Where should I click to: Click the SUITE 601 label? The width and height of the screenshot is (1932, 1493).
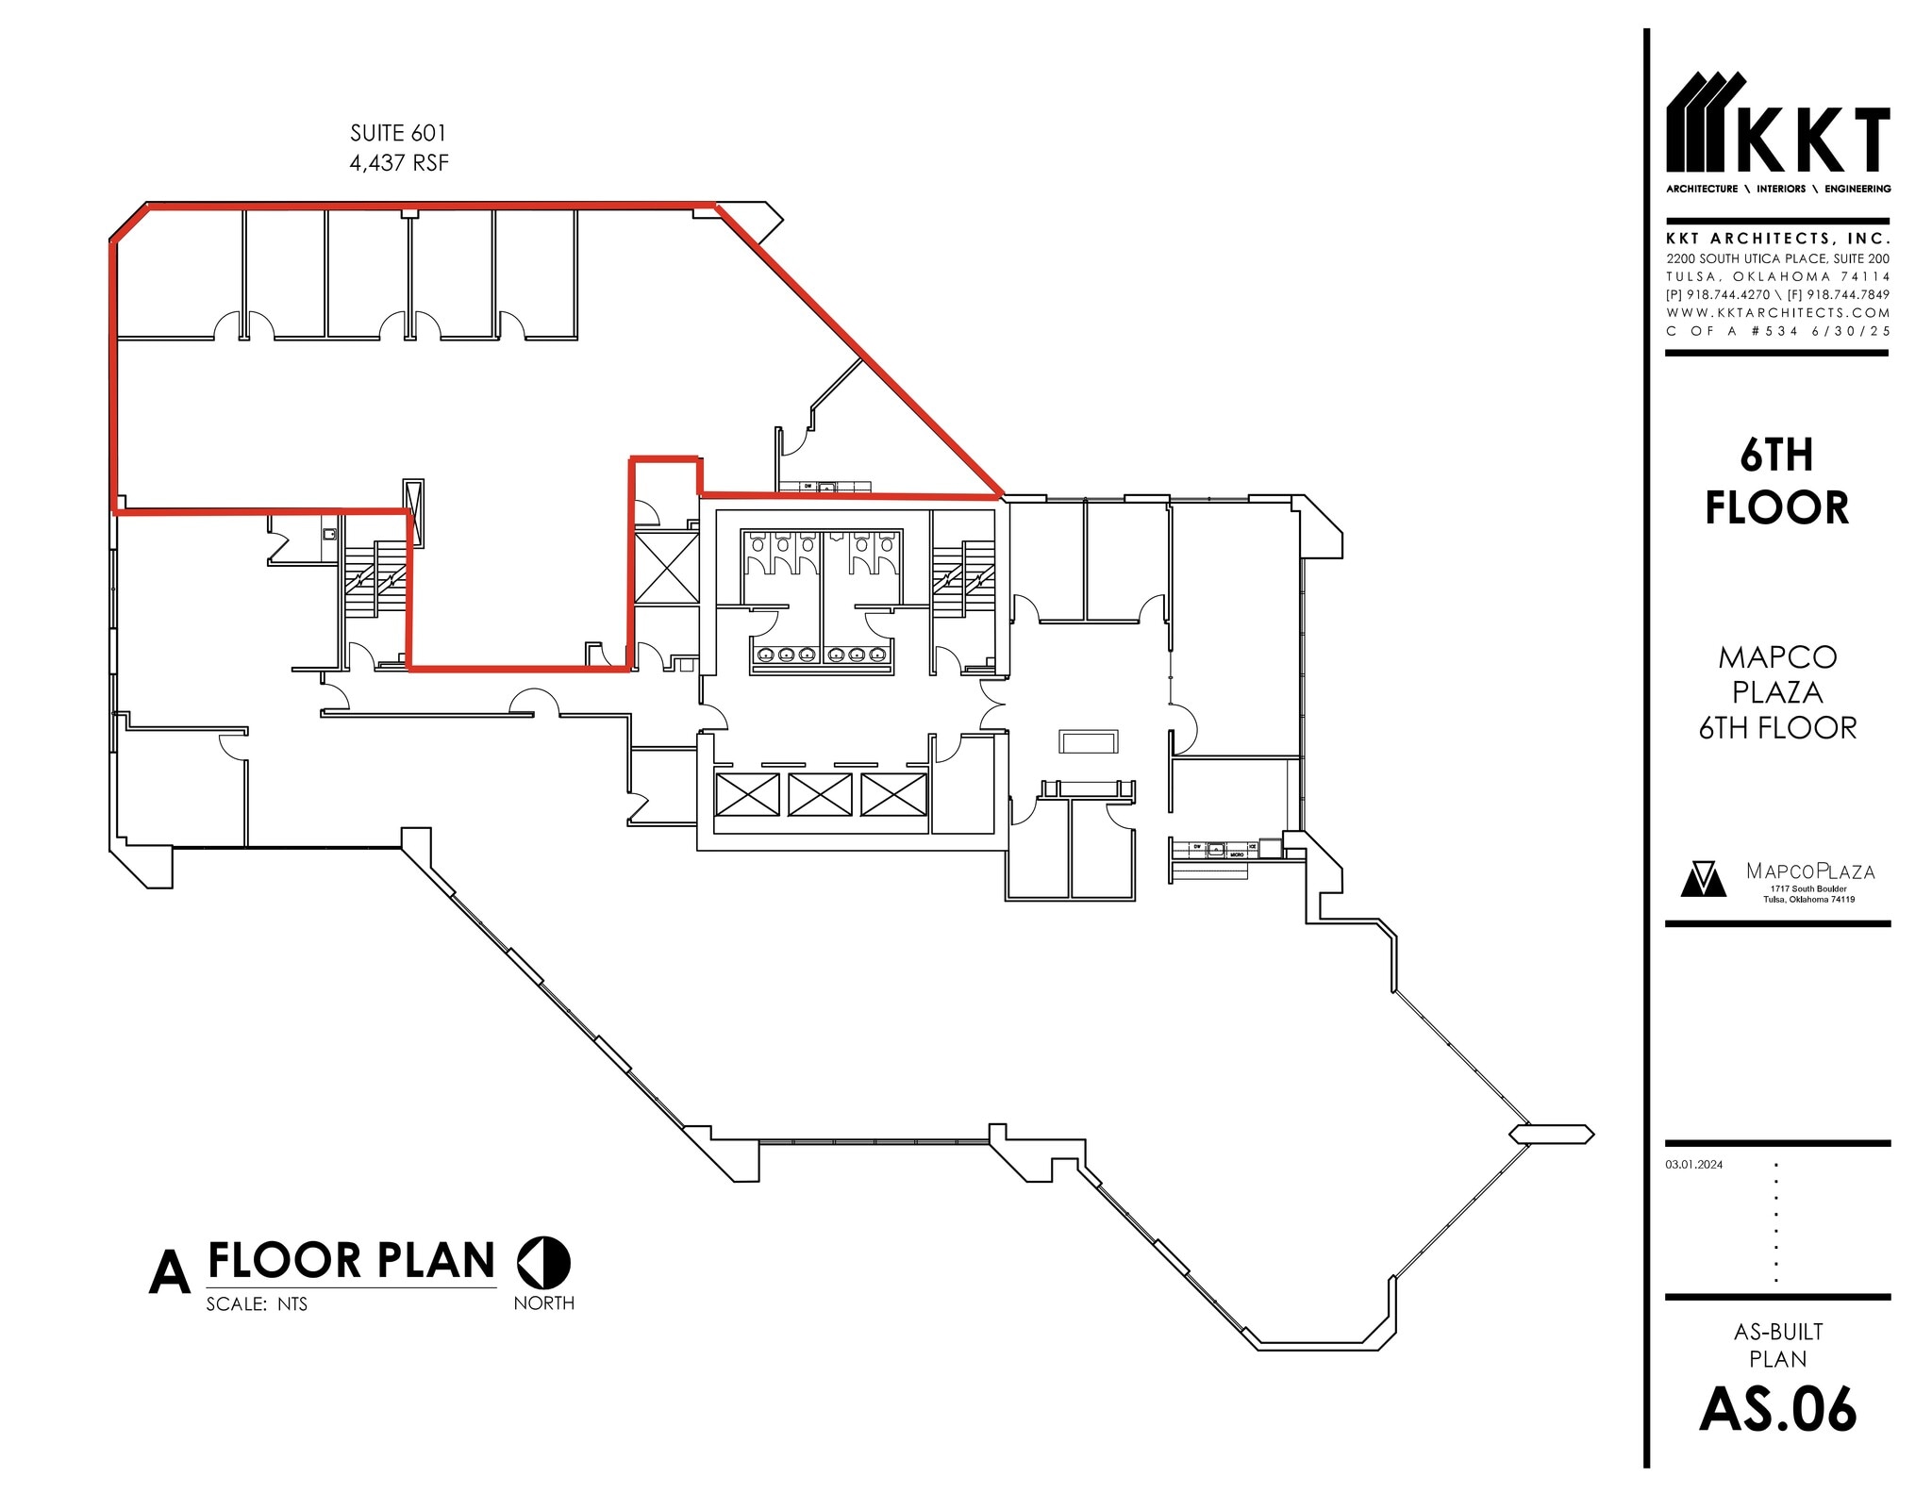397,133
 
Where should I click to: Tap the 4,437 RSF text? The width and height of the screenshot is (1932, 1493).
398,163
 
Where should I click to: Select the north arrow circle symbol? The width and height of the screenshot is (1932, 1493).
543,1262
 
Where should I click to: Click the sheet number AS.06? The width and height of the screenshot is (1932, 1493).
1777,1411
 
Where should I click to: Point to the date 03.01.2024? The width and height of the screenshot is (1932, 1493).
1694,1165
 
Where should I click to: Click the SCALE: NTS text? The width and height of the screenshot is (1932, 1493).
257,1304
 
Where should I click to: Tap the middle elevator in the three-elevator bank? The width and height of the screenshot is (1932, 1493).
819,794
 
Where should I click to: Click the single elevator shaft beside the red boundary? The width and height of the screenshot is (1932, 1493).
666,568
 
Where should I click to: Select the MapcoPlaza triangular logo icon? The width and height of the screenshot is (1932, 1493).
1704,879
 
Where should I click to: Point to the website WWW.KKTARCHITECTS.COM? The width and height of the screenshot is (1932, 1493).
1777,312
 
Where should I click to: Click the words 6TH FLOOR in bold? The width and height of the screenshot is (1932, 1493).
1776,482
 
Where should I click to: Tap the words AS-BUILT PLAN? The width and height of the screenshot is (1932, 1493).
1777,1345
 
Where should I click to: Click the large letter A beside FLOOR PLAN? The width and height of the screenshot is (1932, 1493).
170,1273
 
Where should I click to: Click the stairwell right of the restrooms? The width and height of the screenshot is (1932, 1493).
963,578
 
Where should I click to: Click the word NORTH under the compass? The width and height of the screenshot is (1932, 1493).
543,1302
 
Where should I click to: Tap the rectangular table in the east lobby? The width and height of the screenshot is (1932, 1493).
1088,741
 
